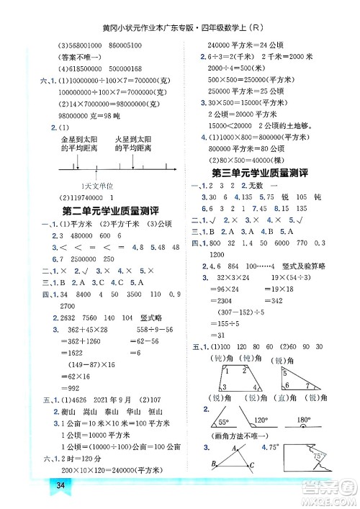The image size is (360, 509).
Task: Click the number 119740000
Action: [84, 197]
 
